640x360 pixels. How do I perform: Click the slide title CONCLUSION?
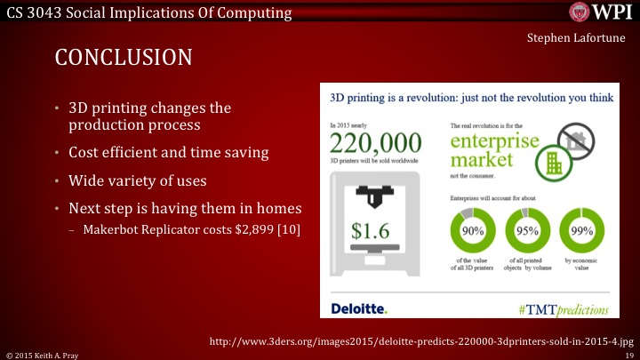click(124, 58)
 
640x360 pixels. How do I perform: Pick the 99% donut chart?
click(582, 232)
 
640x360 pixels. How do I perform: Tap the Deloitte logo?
click(359, 308)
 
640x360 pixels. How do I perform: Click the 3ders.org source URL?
click(420, 340)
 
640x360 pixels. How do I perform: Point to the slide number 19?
click(628, 354)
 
